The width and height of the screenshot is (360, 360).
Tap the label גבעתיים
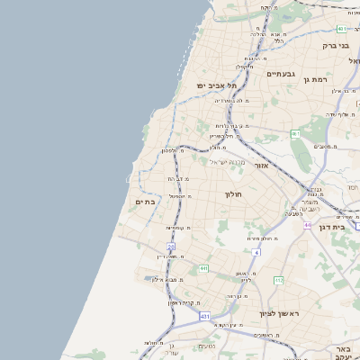(x=282, y=74)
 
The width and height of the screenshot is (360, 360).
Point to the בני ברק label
(x=335, y=44)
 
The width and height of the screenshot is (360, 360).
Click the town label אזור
(x=262, y=166)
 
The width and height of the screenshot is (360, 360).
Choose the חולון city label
(x=233, y=193)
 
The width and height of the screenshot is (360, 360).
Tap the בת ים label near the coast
(x=145, y=202)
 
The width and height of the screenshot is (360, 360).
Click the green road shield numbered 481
(x=342, y=29)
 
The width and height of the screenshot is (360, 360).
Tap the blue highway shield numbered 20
(x=170, y=245)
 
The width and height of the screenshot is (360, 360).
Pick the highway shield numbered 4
(x=256, y=253)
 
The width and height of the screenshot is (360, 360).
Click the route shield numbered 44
(x=307, y=225)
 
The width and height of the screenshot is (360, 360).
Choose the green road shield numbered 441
(x=204, y=268)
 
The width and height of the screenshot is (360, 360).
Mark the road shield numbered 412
(x=279, y=281)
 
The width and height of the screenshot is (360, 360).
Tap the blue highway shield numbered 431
(x=205, y=317)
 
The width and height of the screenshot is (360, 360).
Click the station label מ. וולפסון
(x=173, y=150)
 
